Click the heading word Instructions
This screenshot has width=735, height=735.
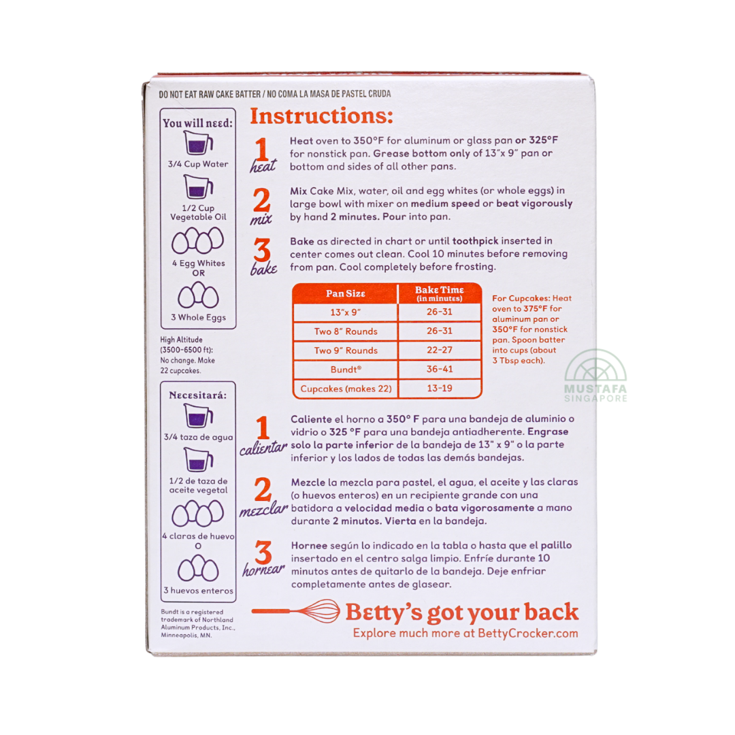pos(321,116)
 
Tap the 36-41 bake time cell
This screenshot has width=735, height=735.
pos(440,370)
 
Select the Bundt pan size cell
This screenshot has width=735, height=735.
pos(346,370)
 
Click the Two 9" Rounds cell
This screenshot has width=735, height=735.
pos(346,350)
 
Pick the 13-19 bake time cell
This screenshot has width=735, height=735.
pos(440,388)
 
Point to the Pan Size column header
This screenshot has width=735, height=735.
pos(346,293)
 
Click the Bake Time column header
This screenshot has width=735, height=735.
pos(440,293)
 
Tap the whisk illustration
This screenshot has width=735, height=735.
pos(296,611)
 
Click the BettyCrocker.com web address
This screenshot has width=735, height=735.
pos(527,634)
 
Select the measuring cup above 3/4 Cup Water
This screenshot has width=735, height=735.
pos(198,142)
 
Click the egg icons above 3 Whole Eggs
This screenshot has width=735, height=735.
pos(198,295)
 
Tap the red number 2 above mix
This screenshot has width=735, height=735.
pos(261,201)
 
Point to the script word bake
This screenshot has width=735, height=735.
pos(264,268)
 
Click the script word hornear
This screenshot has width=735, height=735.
pos(263,570)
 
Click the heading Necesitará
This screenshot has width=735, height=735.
pos(198,395)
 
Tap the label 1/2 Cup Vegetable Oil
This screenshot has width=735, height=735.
pos(198,212)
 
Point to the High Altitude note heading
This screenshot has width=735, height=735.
pos(182,340)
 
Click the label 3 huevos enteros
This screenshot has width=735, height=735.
pos(198,591)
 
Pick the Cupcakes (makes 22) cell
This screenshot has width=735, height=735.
pos(346,389)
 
